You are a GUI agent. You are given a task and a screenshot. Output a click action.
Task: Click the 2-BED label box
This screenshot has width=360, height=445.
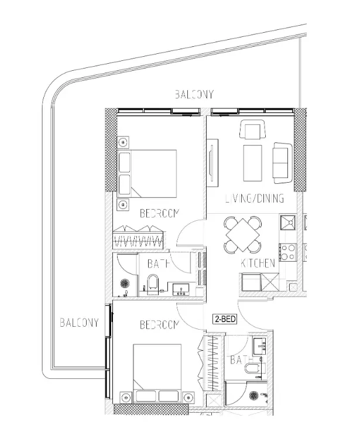click(x=225, y=319)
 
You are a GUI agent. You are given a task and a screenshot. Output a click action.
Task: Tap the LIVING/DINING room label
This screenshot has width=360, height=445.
click(x=255, y=198)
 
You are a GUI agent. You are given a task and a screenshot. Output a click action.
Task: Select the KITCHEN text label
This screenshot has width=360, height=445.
click(x=258, y=263)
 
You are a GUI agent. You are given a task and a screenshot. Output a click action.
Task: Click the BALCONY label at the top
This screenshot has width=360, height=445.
click(x=194, y=94)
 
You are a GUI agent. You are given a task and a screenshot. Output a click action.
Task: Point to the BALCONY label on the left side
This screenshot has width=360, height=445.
click(x=79, y=323)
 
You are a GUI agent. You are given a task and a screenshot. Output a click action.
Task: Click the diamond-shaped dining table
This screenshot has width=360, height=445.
click(x=242, y=235)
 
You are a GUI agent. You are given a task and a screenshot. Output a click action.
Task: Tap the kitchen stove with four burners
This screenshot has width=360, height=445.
click(x=287, y=252)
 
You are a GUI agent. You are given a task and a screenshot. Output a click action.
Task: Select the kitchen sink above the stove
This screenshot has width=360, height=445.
click(x=287, y=222)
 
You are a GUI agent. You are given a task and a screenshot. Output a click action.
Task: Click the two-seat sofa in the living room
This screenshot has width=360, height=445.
click(x=283, y=163)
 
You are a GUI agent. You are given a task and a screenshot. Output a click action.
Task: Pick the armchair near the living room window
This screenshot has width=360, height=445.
click(x=252, y=129)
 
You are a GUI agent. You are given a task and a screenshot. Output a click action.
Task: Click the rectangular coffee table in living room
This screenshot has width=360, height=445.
click(x=252, y=163)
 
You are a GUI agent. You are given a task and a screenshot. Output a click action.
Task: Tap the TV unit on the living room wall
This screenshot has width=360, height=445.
click(x=212, y=163)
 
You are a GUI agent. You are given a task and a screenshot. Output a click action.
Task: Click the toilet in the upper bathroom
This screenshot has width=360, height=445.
click(x=153, y=282)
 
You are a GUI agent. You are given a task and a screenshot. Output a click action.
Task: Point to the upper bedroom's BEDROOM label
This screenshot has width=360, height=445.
click(x=159, y=213)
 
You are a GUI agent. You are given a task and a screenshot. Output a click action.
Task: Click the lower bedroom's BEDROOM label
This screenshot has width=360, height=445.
click(x=159, y=325)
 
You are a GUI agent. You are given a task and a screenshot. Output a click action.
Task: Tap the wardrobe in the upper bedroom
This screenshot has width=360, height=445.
click(x=138, y=237)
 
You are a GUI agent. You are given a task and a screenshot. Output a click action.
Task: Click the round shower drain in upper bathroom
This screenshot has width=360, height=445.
click(x=124, y=283)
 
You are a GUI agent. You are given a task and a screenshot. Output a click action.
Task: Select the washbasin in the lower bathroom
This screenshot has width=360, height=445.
click(x=259, y=346)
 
